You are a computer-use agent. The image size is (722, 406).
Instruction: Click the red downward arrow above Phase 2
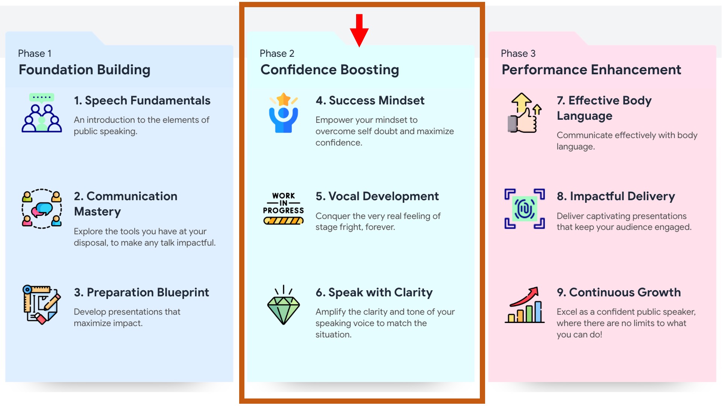click(359, 30)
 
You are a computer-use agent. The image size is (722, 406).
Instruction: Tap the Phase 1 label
click(35, 53)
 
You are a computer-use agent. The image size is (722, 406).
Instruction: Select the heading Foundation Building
click(85, 70)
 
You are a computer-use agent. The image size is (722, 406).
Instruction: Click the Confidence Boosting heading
click(330, 70)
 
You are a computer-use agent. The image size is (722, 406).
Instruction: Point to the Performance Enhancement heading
click(591, 70)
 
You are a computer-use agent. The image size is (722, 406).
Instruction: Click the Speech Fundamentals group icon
click(42, 113)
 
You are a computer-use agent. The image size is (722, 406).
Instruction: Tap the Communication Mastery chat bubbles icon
click(42, 209)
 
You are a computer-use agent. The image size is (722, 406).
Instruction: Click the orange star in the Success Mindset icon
click(284, 100)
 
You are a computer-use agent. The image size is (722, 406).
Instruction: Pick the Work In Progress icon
click(284, 209)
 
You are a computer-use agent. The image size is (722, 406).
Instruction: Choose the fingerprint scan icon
click(525, 209)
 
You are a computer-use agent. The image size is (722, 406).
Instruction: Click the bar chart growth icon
click(525, 305)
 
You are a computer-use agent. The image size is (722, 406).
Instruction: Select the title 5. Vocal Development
click(377, 197)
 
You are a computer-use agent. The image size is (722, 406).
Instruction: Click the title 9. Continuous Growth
click(619, 292)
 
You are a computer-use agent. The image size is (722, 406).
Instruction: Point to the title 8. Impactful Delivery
click(616, 197)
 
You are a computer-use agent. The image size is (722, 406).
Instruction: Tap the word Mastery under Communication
click(97, 212)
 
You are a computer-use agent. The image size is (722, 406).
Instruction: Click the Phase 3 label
click(518, 53)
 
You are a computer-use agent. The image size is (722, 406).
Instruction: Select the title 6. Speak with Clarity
click(374, 293)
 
